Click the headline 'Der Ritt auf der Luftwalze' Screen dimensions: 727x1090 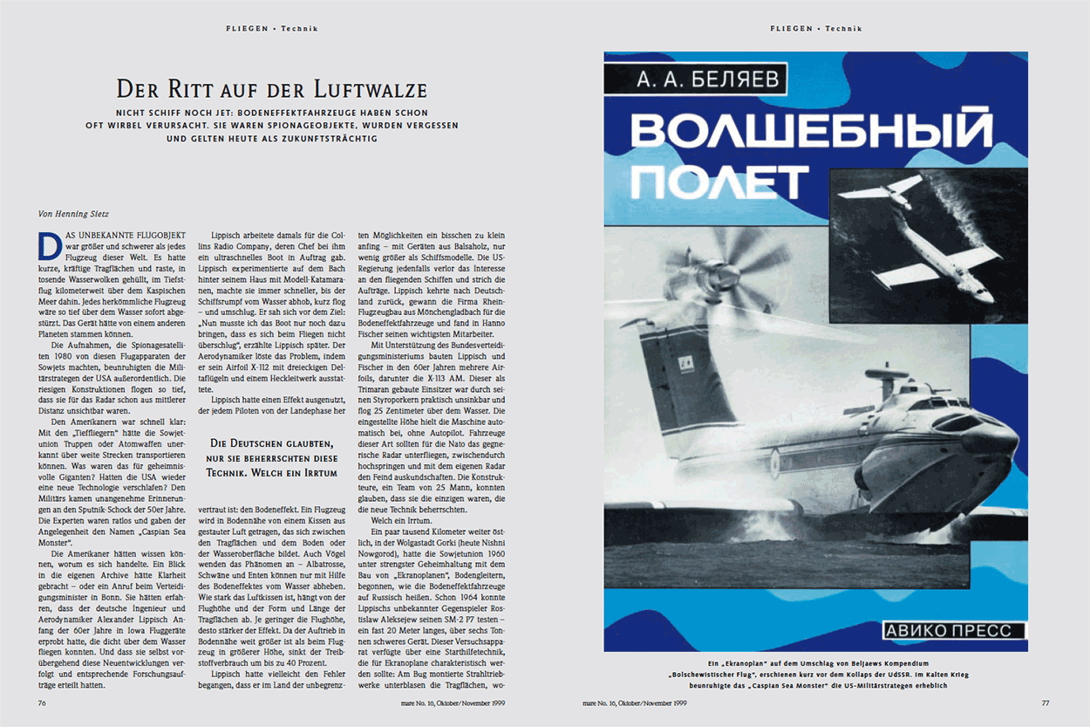272,90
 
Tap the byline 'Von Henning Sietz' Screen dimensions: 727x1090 73,213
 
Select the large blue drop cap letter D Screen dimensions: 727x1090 49,245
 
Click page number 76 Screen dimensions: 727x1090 42,703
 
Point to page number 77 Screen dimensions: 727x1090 1046,703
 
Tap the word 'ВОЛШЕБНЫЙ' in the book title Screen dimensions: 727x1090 811,131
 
